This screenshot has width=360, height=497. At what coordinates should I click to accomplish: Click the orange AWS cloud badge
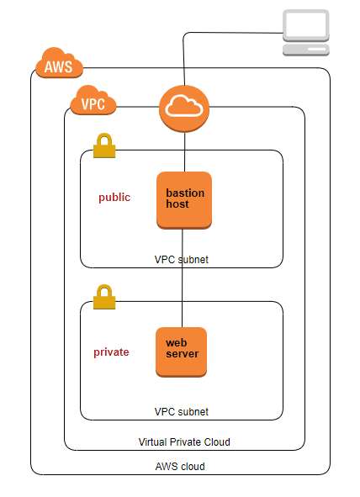click(x=59, y=63)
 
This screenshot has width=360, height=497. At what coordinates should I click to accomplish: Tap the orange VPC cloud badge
click(x=93, y=100)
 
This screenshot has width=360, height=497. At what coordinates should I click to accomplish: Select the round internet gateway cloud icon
click(x=184, y=108)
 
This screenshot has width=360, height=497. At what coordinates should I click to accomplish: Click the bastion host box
click(x=184, y=200)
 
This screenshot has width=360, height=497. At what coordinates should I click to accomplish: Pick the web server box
click(x=182, y=352)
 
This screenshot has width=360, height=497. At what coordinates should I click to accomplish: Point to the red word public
click(x=114, y=198)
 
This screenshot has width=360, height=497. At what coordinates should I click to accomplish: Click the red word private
click(x=111, y=352)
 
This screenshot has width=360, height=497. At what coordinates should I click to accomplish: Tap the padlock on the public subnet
click(x=104, y=145)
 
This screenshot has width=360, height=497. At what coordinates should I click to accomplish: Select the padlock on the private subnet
click(x=104, y=297)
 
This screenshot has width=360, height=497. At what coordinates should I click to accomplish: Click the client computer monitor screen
click(x=306, y=25)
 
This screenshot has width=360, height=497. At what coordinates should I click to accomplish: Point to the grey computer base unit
click(x=306, y=50)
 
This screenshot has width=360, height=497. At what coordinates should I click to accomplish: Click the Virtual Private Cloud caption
click(x=184, y=441)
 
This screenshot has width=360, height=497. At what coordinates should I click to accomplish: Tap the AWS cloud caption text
click(x=180, y=467)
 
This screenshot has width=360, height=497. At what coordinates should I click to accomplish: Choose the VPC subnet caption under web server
click(x=182, y=412)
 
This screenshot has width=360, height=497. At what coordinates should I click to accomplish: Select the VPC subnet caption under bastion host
click(x=182, y=260)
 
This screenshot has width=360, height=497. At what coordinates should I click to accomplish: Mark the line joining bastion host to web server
click(x=183, y=278)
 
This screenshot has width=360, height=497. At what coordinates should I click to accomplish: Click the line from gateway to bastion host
click(x=185, y=152)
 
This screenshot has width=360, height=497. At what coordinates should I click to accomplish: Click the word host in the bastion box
click(x=177, y=204)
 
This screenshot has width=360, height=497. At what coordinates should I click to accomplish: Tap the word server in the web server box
click(x=183, y=354)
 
